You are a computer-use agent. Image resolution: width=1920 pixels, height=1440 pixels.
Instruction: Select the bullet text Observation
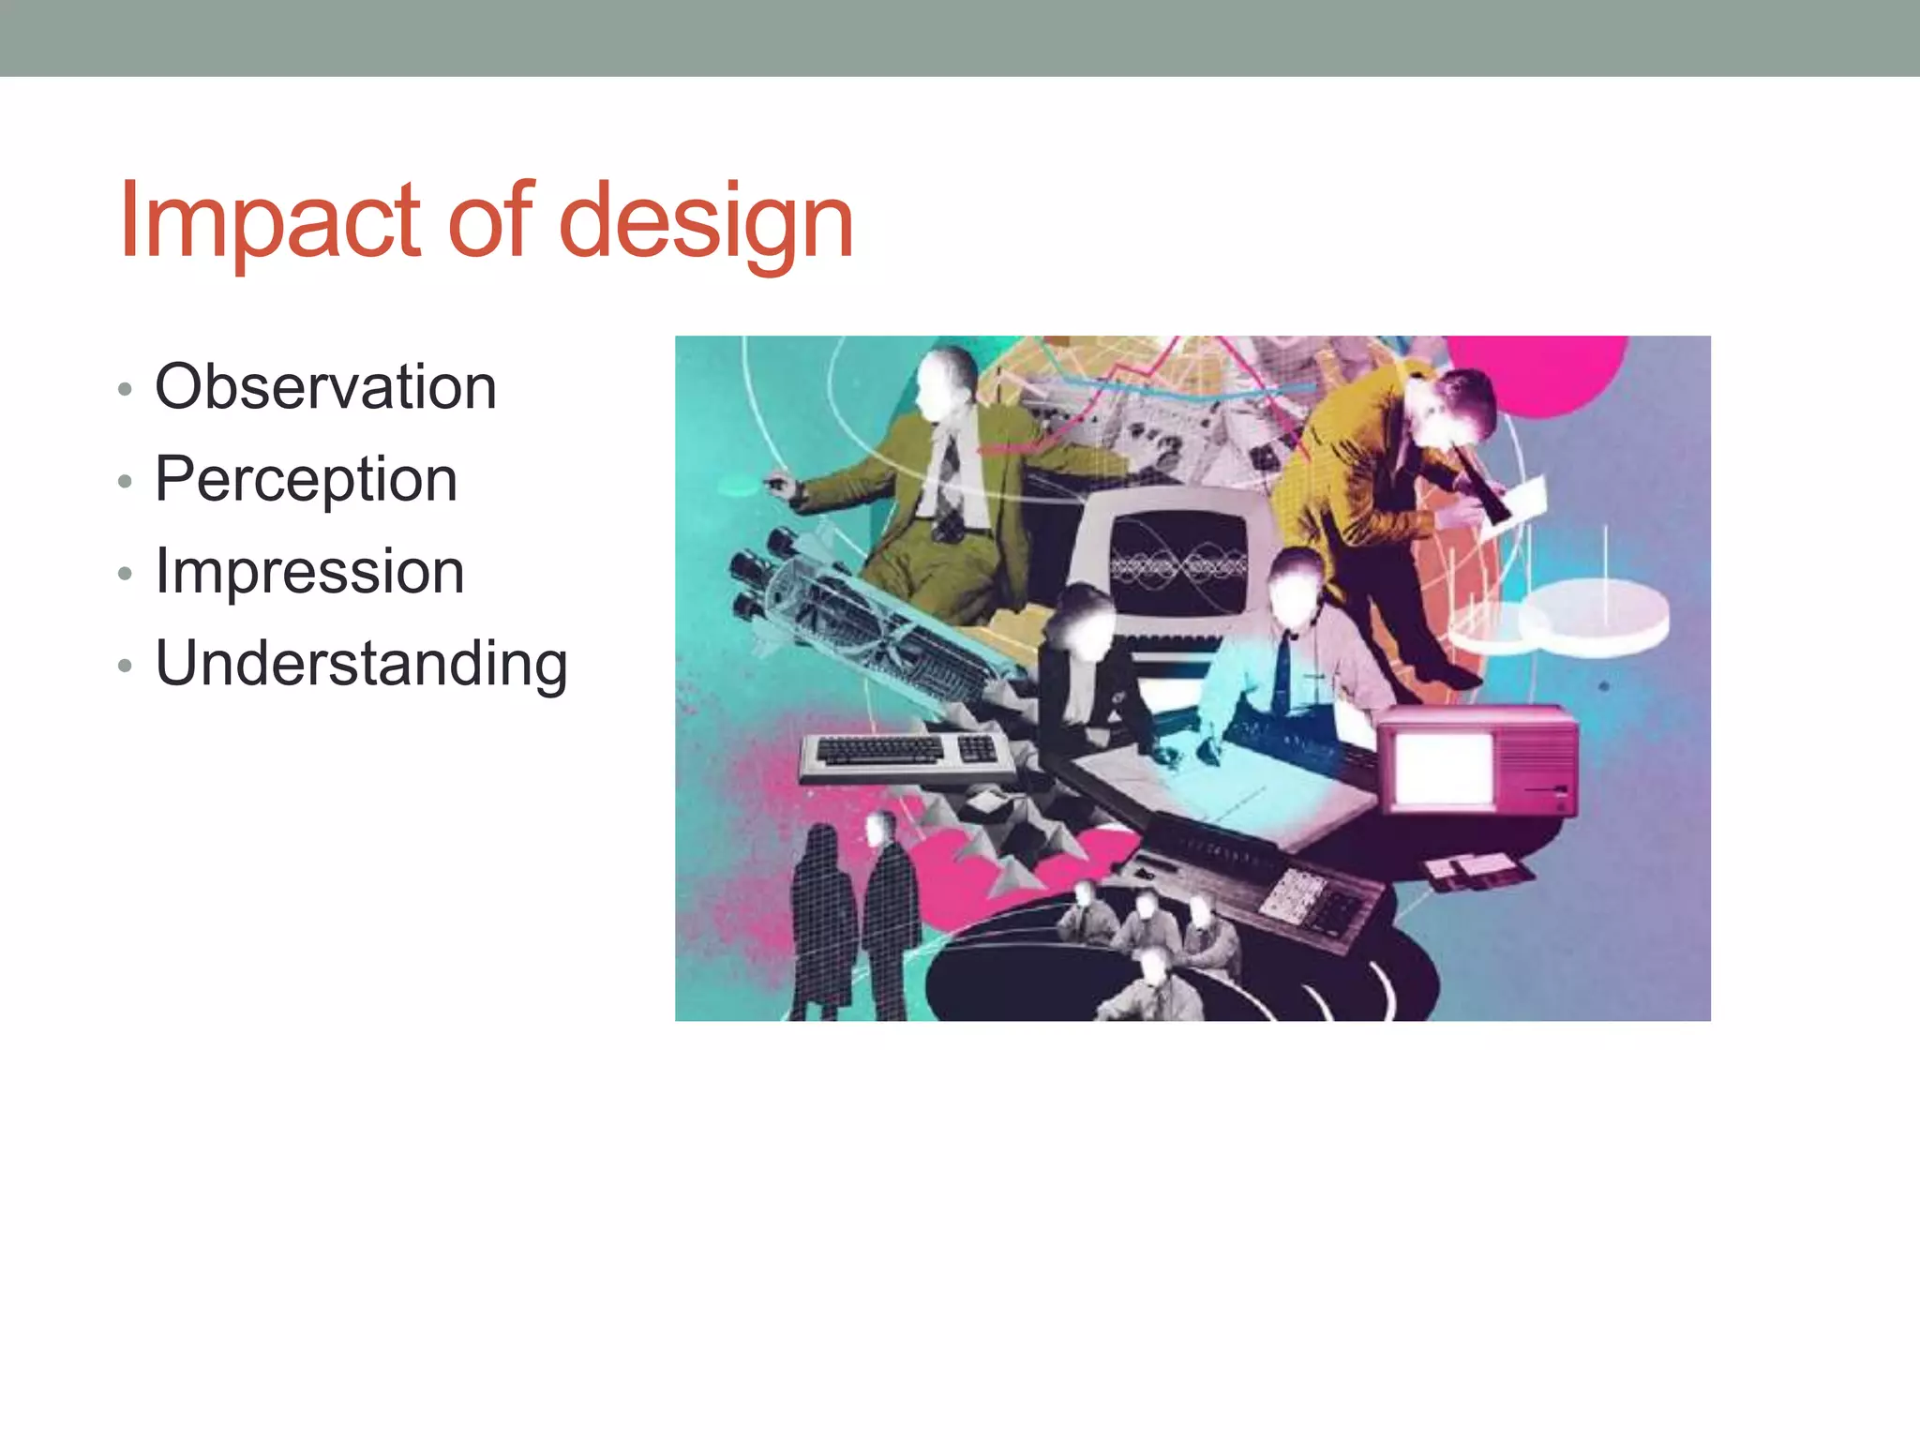pyautogui.click(x=325, y=386)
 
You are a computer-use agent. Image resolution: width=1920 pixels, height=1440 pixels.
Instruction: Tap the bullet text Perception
pyautogui.click(x=306, y=478)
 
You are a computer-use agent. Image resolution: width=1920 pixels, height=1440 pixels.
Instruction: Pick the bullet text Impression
pyautogui.click(x=309, y=570)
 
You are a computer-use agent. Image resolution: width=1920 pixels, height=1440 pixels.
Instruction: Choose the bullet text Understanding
pyautogui.click(x=361, y=663)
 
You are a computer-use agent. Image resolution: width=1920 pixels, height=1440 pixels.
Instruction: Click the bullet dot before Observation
pyautogui.click(x=126, y=388)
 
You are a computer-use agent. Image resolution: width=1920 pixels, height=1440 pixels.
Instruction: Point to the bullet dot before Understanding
pyautogui.click(x=126, y=666)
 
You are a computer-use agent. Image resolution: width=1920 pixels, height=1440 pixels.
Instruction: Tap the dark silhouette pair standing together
pyautogui.click(x=853, y=919)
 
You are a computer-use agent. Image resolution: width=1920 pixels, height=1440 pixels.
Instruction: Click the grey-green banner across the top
pyautogui.click(x=960, y=37)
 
